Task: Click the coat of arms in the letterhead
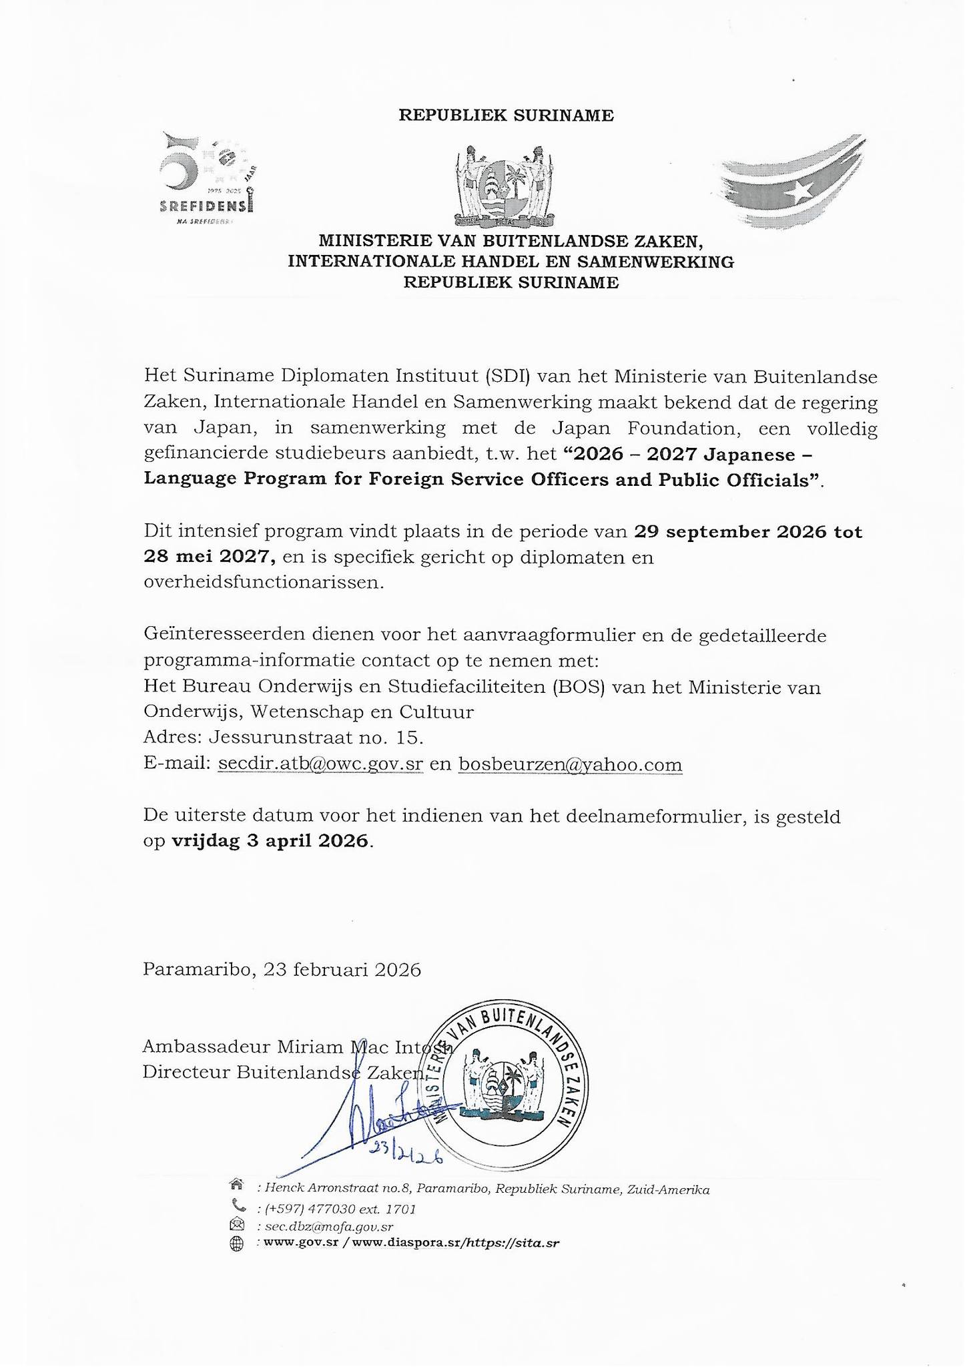click(505, 188)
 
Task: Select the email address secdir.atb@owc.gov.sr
click(320, 764)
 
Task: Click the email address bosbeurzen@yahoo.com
click(570, 764)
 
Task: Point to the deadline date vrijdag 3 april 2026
click(270, 840)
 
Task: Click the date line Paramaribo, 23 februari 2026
click(282, 969)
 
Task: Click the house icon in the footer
click(236, 1184)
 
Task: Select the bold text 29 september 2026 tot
click(748, 532)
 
